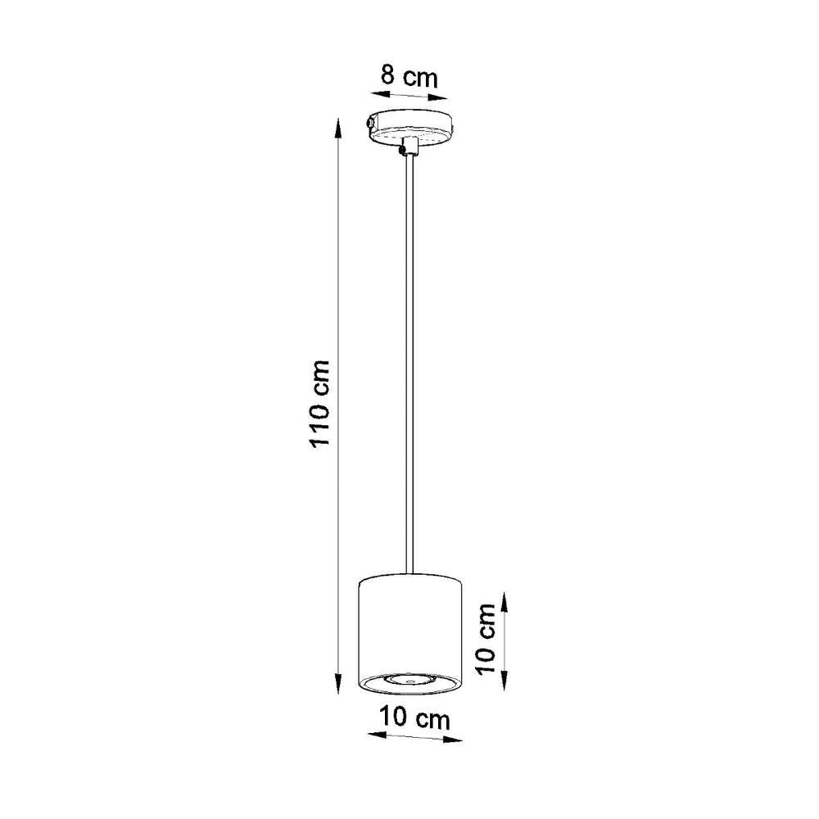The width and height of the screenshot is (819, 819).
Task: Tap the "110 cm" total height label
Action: click(x=319, y=402)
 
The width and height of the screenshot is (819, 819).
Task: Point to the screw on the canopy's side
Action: click(x=370, y=124)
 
